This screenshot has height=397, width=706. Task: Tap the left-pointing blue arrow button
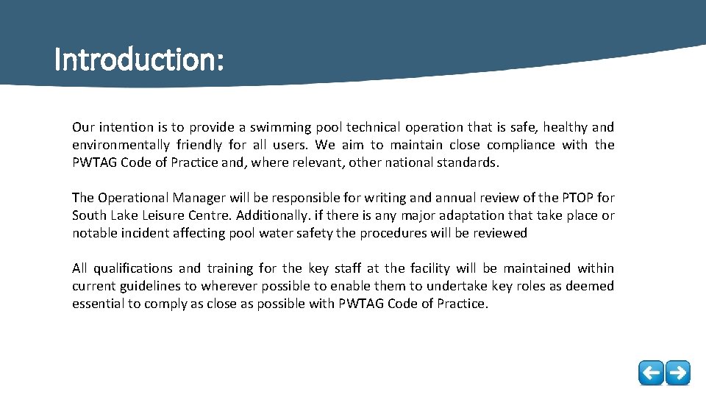click(x=651, y=372)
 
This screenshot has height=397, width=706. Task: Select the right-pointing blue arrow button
click(x=678, y=372)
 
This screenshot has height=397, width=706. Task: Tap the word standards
click(x=467, y=162)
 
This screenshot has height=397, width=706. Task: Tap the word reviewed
click(x=502, y=233)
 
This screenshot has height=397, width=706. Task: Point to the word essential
click(x=98, y=304)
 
